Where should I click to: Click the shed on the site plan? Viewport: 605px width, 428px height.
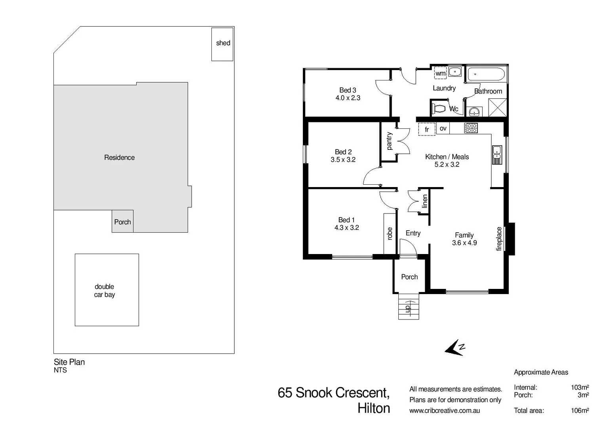[222, 44]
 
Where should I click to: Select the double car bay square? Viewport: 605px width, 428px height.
[107, 290]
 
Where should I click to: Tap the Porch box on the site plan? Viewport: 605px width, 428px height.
[122, 222]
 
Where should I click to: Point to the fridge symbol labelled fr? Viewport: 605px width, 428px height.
[427, 129]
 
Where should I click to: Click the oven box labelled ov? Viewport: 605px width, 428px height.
[443, 128]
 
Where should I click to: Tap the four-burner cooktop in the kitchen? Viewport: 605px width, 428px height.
[471, 128]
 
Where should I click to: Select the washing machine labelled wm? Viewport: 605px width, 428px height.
[440, 73]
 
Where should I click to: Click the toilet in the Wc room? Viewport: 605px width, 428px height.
[439, 108]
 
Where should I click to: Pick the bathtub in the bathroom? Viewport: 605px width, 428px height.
[486, 74]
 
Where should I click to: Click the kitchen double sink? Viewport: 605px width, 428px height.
[497, 154]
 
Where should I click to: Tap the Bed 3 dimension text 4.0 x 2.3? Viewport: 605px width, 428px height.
[348, 98]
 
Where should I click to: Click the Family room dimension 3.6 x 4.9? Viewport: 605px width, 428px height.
[464, 243]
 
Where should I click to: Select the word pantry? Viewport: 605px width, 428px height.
[389, 141]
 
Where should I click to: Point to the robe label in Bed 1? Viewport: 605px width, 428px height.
[390, 233]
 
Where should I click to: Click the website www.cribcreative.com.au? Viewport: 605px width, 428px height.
[444, 411]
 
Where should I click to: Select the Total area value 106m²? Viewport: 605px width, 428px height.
[580, 411]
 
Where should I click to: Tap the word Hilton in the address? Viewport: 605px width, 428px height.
[373, 408]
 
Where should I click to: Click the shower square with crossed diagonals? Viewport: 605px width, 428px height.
[497, 107]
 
